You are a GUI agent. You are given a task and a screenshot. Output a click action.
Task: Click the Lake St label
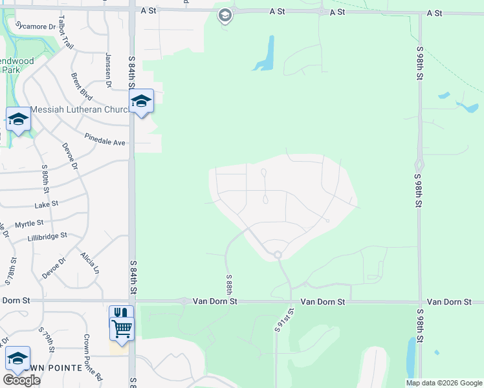[46, 204]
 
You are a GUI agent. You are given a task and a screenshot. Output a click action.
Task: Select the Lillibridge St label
[47, 237]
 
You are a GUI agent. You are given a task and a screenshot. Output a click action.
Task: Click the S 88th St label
[229, 285]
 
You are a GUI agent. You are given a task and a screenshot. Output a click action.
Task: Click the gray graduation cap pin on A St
[225, 15]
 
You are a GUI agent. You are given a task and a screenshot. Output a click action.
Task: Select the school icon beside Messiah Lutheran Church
[141, 102]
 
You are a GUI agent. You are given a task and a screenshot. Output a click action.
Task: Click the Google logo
[21, 380]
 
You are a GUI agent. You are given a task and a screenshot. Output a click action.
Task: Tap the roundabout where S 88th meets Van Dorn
[184, 301]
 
